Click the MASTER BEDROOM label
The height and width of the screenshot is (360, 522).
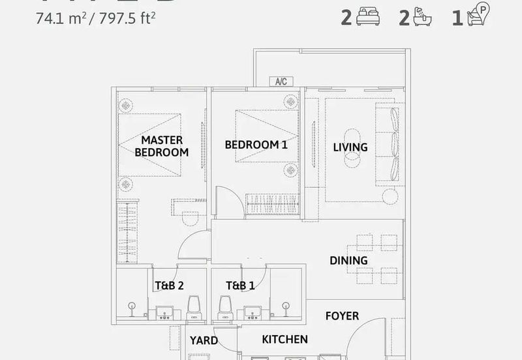point(161,146)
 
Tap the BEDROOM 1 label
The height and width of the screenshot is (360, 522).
point(256,145)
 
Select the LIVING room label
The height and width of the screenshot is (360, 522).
point(350,147)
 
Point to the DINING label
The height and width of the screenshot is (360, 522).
point(348,260)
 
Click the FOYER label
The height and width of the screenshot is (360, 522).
point(342,316)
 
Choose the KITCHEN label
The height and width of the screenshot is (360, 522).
point(284,339)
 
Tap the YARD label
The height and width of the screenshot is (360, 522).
point(204,340)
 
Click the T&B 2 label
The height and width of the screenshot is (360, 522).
point(169,285)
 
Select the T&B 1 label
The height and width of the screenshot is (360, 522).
point(240,285)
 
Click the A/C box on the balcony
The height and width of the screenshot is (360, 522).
point(281,82)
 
